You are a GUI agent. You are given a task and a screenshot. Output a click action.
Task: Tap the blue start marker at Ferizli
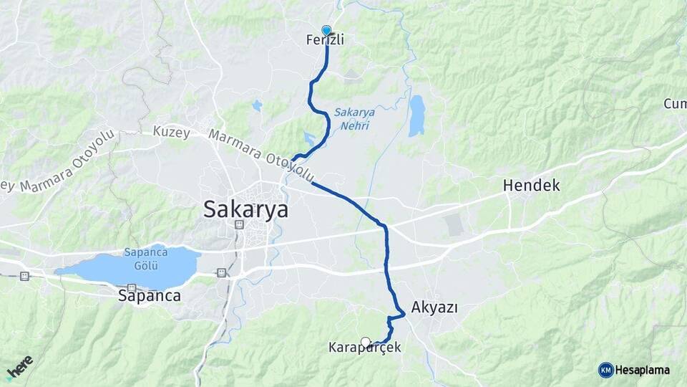[x=327, y=30]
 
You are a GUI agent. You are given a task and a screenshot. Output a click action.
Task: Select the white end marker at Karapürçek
[x=366, y=342]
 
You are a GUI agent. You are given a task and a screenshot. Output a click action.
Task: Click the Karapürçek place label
[x=364, y=348]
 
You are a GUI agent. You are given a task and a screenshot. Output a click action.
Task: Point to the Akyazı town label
[x=434, y=308]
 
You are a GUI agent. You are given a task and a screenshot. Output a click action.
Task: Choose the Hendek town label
[x=531, y=186]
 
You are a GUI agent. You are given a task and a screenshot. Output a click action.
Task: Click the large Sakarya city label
[x=245, y=209]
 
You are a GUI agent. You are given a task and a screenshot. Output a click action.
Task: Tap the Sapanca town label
[x=149, y=295]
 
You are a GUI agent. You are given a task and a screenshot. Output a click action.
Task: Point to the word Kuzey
[x=171, y=132]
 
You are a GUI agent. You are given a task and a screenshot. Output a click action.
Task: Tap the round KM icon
[x=605, y=370]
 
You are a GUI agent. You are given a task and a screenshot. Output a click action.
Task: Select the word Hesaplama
[x=642, y=370]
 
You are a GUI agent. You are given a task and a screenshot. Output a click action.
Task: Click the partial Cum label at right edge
[x=675, y=105]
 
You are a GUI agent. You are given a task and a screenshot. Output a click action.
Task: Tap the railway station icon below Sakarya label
[x=238, y=225]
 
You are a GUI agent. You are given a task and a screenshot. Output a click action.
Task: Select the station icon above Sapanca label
[x=131, y=287]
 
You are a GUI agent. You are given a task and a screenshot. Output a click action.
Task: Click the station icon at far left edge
[x=25, y=275]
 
